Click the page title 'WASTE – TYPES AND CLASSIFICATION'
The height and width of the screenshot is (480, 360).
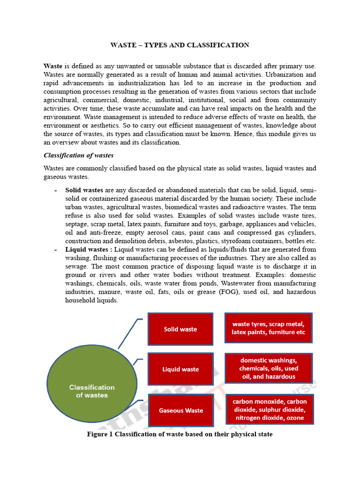click(x=180, y=45)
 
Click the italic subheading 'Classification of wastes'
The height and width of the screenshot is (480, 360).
click(x=78, y=155)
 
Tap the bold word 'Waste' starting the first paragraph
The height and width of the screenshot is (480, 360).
click(x=53, y=66)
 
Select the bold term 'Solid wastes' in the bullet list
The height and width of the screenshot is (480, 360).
click(x=84, y=190)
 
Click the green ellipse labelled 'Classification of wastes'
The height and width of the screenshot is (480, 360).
click(x=92, y=391)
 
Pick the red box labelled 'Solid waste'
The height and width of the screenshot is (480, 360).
click(x=180, y=329)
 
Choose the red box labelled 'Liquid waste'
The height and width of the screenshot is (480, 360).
click(x=180, y=369)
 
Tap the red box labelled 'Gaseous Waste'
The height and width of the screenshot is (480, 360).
click(x=181, y=410)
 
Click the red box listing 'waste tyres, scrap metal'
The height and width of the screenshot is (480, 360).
click(x=268, y=328)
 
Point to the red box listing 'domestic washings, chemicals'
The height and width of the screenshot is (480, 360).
click(x=269, y=368)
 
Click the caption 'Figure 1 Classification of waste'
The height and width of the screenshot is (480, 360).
click(x=180, y=434)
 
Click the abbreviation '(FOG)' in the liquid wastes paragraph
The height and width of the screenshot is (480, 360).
click(x=229, y=292)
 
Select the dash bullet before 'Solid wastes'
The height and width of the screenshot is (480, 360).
click(x=56, y=190)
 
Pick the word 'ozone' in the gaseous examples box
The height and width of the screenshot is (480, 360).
click(x=295, y=418)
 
